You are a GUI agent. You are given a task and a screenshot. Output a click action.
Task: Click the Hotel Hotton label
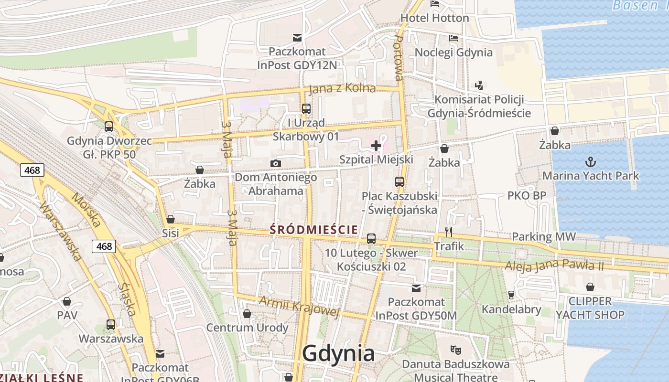434,18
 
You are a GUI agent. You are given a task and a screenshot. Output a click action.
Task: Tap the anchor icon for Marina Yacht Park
591,161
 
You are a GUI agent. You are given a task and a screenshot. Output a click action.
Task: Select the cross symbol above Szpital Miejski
376,145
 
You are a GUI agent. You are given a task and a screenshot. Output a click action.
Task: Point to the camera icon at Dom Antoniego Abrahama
275,164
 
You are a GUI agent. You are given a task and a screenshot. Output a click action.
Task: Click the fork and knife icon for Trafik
449,232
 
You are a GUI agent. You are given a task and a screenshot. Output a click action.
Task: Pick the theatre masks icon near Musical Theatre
455,350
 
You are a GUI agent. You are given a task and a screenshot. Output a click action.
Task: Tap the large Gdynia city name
338,354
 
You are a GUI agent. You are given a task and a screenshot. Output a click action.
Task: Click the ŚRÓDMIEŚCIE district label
313,230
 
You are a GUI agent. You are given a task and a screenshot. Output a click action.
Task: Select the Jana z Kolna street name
342,89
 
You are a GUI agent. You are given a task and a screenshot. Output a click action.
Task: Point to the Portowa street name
399,58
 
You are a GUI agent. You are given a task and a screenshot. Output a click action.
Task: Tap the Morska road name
86,210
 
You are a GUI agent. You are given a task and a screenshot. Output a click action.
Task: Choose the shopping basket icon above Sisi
171,219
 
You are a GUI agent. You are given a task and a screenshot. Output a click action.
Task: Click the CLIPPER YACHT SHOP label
590,308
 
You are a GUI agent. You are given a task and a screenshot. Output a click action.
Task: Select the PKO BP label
527,196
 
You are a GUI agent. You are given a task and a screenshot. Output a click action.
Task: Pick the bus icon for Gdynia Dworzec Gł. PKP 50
109,127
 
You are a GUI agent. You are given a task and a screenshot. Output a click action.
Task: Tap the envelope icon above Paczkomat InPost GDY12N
297,37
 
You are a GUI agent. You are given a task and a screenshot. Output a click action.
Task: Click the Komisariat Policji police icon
479,85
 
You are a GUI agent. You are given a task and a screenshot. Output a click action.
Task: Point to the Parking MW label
544,237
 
